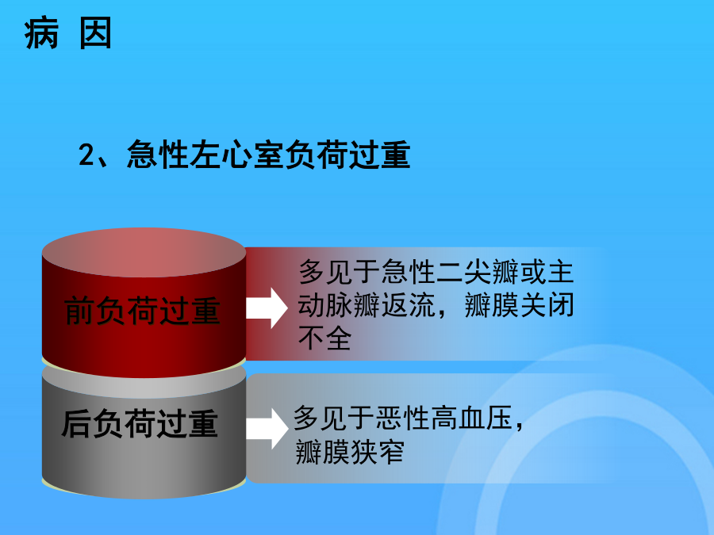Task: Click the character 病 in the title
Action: coord(41,33)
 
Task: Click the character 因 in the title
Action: coord(96,33)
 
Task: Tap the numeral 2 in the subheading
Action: coord(86,155)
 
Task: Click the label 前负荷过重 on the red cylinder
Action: coord(143,311)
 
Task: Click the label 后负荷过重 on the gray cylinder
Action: coord(140,423)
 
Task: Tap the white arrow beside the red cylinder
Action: coord(267,308)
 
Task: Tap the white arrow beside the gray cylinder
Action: coord(267,429)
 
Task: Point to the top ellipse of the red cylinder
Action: coord(144,253)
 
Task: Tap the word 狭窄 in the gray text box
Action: coord(377,452)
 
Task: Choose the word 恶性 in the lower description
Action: coord(403,418)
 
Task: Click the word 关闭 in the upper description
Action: coord(547,305)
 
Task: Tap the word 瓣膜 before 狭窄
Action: coord(323,452)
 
